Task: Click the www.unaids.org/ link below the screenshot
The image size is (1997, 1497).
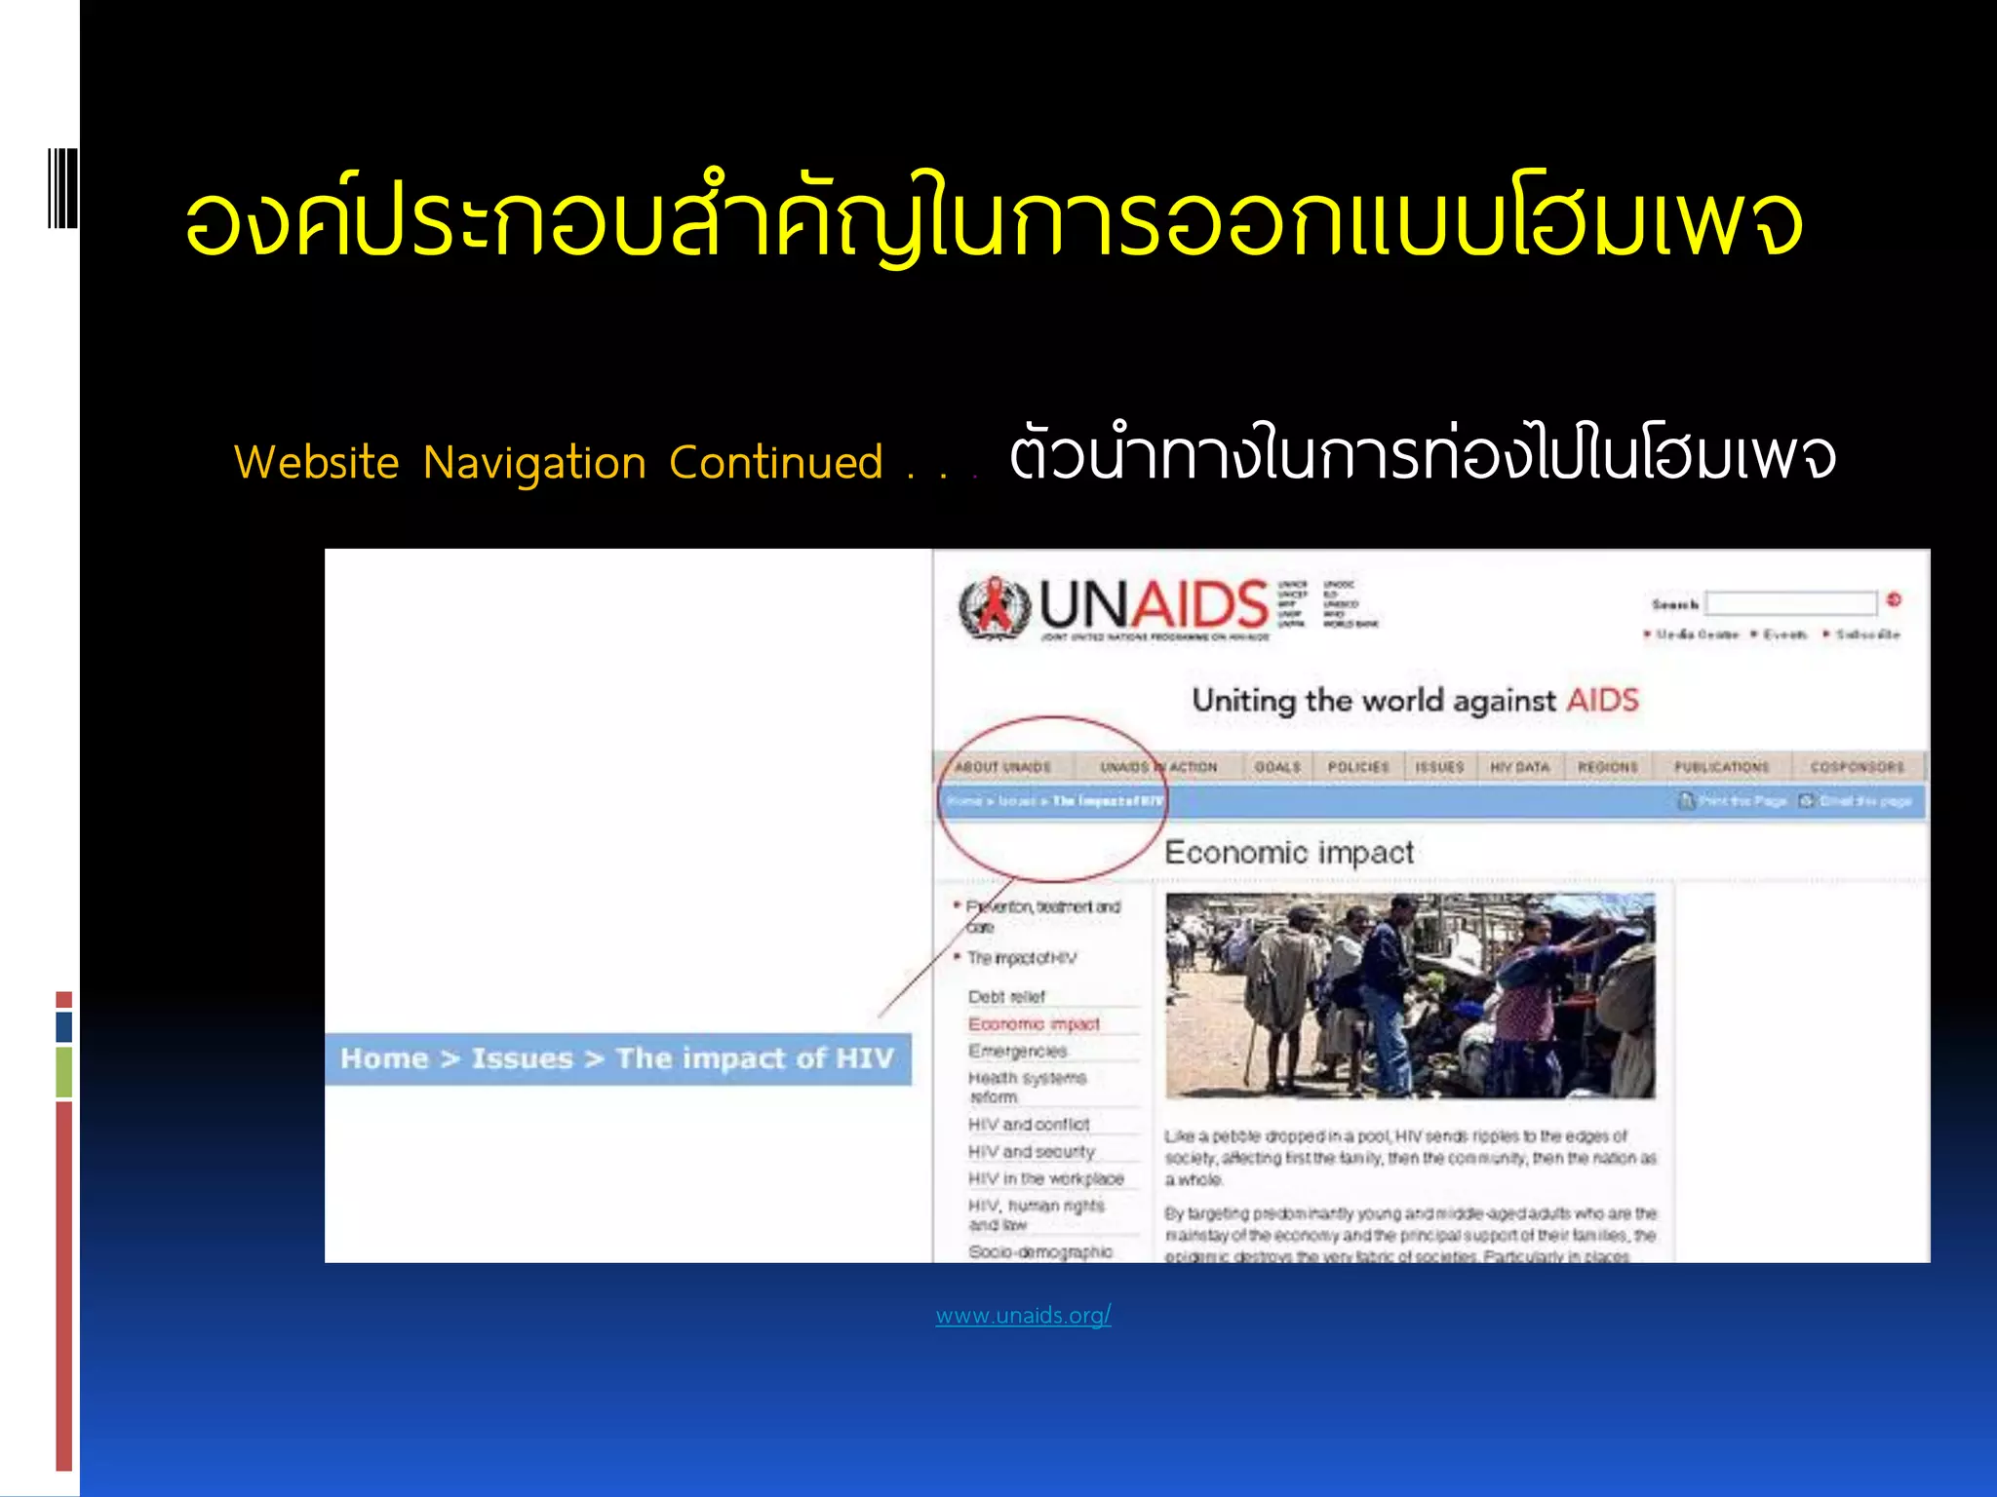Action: (x=1023, y=1316)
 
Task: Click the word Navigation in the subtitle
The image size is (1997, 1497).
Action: (x=534, y=463)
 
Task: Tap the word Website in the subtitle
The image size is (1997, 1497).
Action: (x=316, y=462)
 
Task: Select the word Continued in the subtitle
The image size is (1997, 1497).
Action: (x=775, y=463)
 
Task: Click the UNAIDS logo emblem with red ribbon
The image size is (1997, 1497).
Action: (x=994, y=608)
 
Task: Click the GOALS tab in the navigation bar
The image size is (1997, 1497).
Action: (x=1277, y=767)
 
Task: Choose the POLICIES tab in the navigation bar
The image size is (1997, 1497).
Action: (x=1357, y=767)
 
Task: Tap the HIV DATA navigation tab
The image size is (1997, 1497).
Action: (x=1519, y=767)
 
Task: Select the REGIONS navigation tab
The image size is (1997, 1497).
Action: (x=1607, y=767)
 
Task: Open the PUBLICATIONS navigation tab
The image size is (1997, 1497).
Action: (x=1721, y=767)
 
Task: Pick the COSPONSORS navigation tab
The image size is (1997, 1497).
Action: (x=1857, y=767)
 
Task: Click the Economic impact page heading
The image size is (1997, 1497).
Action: (x=1289, y=853)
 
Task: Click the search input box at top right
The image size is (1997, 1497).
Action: (x=1790, y=603)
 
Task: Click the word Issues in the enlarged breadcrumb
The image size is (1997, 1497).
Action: (x=522, y=1058)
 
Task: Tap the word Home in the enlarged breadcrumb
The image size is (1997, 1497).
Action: (x=384, y=1058)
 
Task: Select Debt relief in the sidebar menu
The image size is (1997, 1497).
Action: (x=1006, y=997)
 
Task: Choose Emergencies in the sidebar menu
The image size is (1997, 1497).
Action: (x=1017, y=1051)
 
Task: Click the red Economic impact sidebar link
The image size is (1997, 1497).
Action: (x=1034, y=1024)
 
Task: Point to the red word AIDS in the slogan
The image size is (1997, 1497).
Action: (x=1602, y=700)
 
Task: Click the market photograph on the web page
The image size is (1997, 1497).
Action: (x=1410, y=995)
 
